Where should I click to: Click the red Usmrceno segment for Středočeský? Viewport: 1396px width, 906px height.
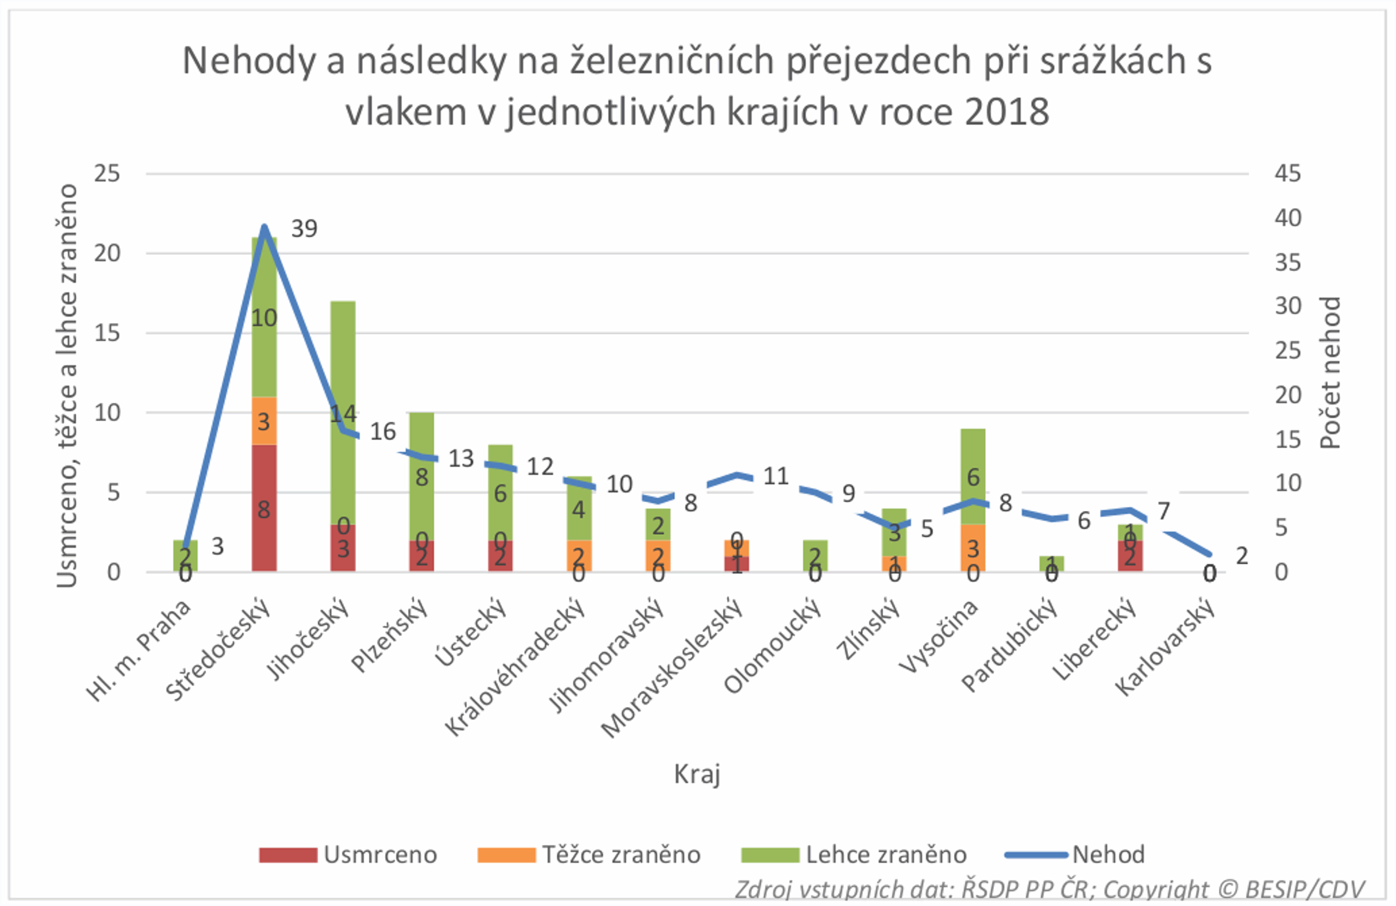coord(264,507)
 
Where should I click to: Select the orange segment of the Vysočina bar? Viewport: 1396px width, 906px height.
coord(973,548)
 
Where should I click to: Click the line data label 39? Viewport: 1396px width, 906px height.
coord(304,228)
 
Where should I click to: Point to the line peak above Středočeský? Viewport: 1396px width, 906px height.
coord(264,227)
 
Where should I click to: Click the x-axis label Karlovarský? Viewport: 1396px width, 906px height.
coord(1166,646)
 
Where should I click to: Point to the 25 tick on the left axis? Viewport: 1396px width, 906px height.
coord(107,173)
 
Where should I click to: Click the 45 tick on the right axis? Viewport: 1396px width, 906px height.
coord(1287,173)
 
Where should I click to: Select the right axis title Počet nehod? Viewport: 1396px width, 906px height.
coord(1330,372)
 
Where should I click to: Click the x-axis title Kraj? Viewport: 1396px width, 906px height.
coord(697,774)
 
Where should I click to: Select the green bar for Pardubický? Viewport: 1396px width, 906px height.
coord(1051,563)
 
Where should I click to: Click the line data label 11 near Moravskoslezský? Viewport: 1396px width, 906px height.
coord(775,476)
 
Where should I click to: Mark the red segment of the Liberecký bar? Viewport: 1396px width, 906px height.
coord(1130,556)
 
